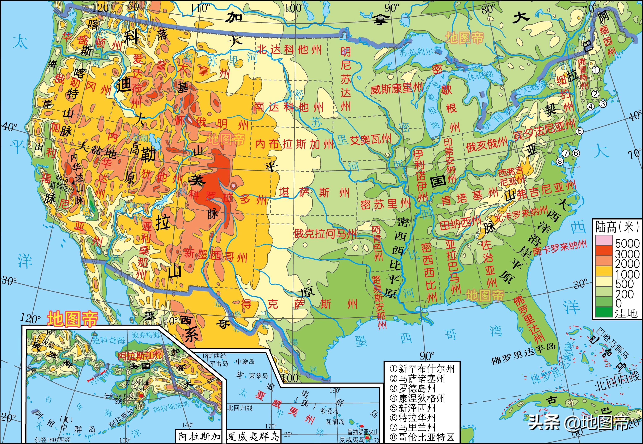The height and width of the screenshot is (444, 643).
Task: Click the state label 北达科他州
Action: tap(289, 50)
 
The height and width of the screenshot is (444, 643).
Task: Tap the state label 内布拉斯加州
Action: tap(295, 144)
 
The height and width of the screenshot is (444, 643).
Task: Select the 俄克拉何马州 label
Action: tap(325, 234)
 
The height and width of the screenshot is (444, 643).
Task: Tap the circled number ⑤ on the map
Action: tap(579, 131)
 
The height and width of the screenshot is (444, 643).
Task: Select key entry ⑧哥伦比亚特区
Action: tap(422, 437)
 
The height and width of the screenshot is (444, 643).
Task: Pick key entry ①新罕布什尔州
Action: tap(422, 369)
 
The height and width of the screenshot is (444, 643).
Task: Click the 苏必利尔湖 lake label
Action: tap(420, 52)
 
